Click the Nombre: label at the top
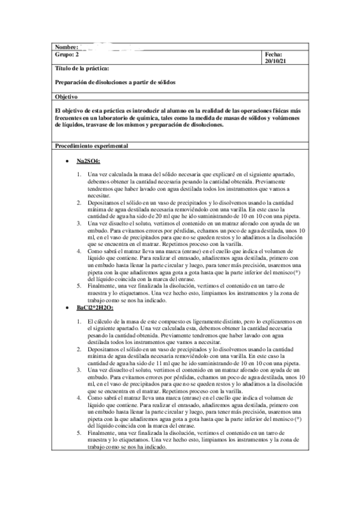coord(67,47)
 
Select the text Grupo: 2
coord(67,54)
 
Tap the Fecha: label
coord(273,54)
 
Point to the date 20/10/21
coord(276,61)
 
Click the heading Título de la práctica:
coord(82,70)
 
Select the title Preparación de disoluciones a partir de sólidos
coord(115,82)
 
